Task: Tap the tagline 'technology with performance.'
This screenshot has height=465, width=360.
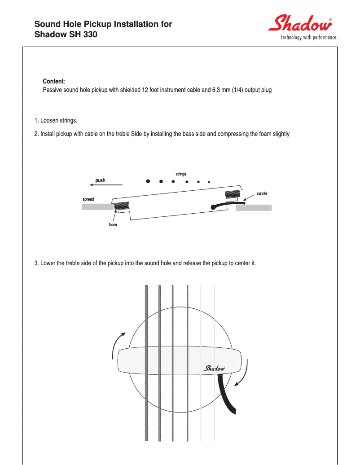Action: click(309, 38)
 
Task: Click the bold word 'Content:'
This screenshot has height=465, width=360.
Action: click(54, 81)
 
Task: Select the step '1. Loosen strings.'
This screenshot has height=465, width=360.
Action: click(56, 121)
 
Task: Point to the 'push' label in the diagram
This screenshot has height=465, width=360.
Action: click(100, 180)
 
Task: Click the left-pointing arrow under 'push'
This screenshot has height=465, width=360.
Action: click(106, 185)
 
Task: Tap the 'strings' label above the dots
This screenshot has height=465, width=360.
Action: click(180, 174)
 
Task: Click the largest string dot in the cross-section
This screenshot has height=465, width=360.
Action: click(148, 181)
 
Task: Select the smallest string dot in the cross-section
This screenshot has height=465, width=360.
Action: click(209, 182)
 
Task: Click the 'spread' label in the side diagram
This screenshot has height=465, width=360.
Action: click(88, 199)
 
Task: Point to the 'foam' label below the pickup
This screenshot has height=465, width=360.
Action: click(113, 224)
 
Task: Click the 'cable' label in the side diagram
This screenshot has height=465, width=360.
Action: click(262, 193)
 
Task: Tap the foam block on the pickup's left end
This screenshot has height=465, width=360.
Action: click(122, 206)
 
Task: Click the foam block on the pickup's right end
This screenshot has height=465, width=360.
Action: click(233, 194)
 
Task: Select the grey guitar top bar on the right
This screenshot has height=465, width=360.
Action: click(254, 208)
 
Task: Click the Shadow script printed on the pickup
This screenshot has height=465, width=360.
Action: click(215, 368)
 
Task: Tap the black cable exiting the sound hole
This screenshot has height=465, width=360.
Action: click(228, 395)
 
